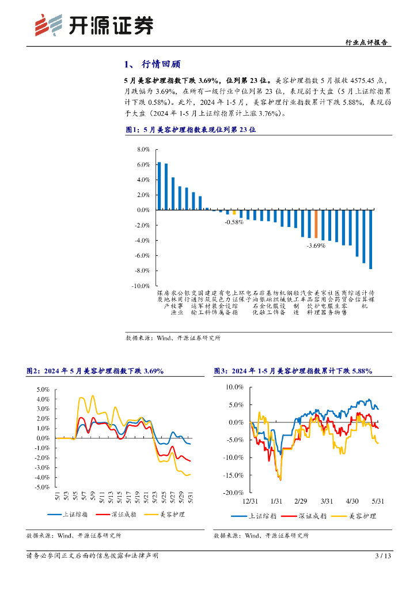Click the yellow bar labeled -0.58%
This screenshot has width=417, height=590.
[x=234, y=212]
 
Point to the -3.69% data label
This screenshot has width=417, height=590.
[x=316, y=245]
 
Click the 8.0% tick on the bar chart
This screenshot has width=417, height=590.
[x=143, y=149]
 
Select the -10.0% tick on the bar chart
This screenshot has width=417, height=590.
[x=141, y=285]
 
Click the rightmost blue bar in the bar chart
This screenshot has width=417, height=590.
[x=371, y=239]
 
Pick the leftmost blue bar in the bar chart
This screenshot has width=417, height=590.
[x=160, y=186]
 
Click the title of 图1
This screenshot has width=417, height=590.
[x=190, y=130]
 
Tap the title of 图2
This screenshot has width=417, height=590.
[x=95, y=372]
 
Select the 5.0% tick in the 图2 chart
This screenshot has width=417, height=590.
[x=43, y=389]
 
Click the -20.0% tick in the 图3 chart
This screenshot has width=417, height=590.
[x=235, y=493]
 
